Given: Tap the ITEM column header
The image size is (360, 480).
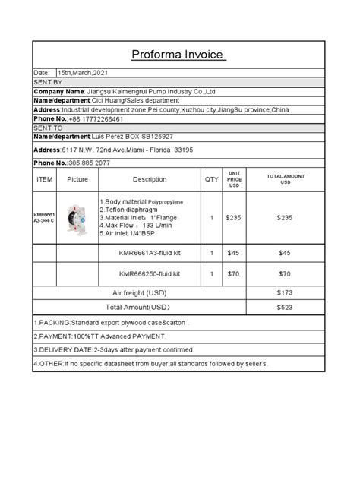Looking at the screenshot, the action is (45, 179).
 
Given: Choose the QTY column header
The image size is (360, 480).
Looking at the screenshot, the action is (211, 179).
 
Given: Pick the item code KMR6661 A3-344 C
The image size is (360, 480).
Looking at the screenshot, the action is (44, 218).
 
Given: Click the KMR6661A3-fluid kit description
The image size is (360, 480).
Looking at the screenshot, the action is (150, 253).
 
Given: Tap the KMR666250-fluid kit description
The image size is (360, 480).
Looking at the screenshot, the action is (150, 273).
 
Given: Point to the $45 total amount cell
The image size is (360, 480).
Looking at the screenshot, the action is (285, 253).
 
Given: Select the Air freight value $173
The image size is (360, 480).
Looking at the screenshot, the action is (285, 292).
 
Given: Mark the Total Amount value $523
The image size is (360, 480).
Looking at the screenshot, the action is (285, 308).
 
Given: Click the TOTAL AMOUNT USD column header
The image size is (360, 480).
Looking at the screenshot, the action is (285, 179).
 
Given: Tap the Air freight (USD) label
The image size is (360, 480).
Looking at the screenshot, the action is (139, 292).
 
